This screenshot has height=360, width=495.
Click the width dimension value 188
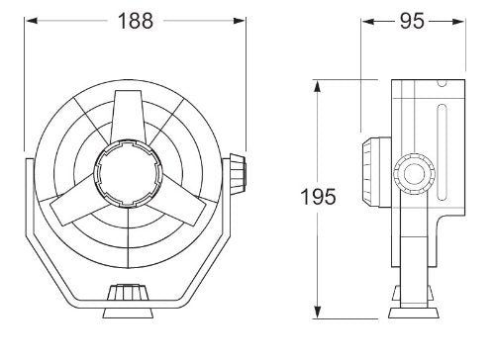pos(136,21)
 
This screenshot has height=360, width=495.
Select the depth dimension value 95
pos(419,21)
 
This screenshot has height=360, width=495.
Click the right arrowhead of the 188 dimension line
pos(242,20)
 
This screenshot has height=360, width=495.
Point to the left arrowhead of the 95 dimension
pos(365,20)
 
